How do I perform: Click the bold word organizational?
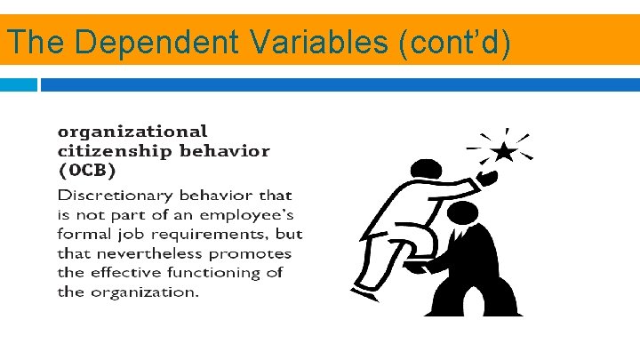click(132, 132)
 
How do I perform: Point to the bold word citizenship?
click(115, 150)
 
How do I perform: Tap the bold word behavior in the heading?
click(225, 150)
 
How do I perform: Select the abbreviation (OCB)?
click(87, 169)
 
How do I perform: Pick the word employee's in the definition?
click(244, 214)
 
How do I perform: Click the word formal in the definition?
click(87, 235)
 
